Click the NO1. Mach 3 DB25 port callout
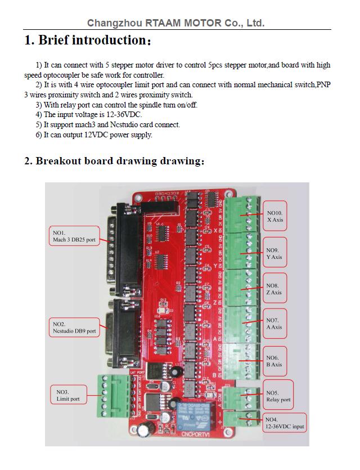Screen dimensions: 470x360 [74, 236]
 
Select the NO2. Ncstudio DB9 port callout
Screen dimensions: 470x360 [74, 328]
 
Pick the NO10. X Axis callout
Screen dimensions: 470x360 [275, 216]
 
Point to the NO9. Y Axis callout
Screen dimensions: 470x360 [275, 253]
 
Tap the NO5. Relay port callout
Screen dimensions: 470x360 [278, 396]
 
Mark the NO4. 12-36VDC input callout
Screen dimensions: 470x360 [284, 423]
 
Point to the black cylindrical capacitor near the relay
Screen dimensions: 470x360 [147, 430]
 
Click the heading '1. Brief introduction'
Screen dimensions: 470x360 [87, 41]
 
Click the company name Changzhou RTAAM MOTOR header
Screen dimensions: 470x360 [175, 23]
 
